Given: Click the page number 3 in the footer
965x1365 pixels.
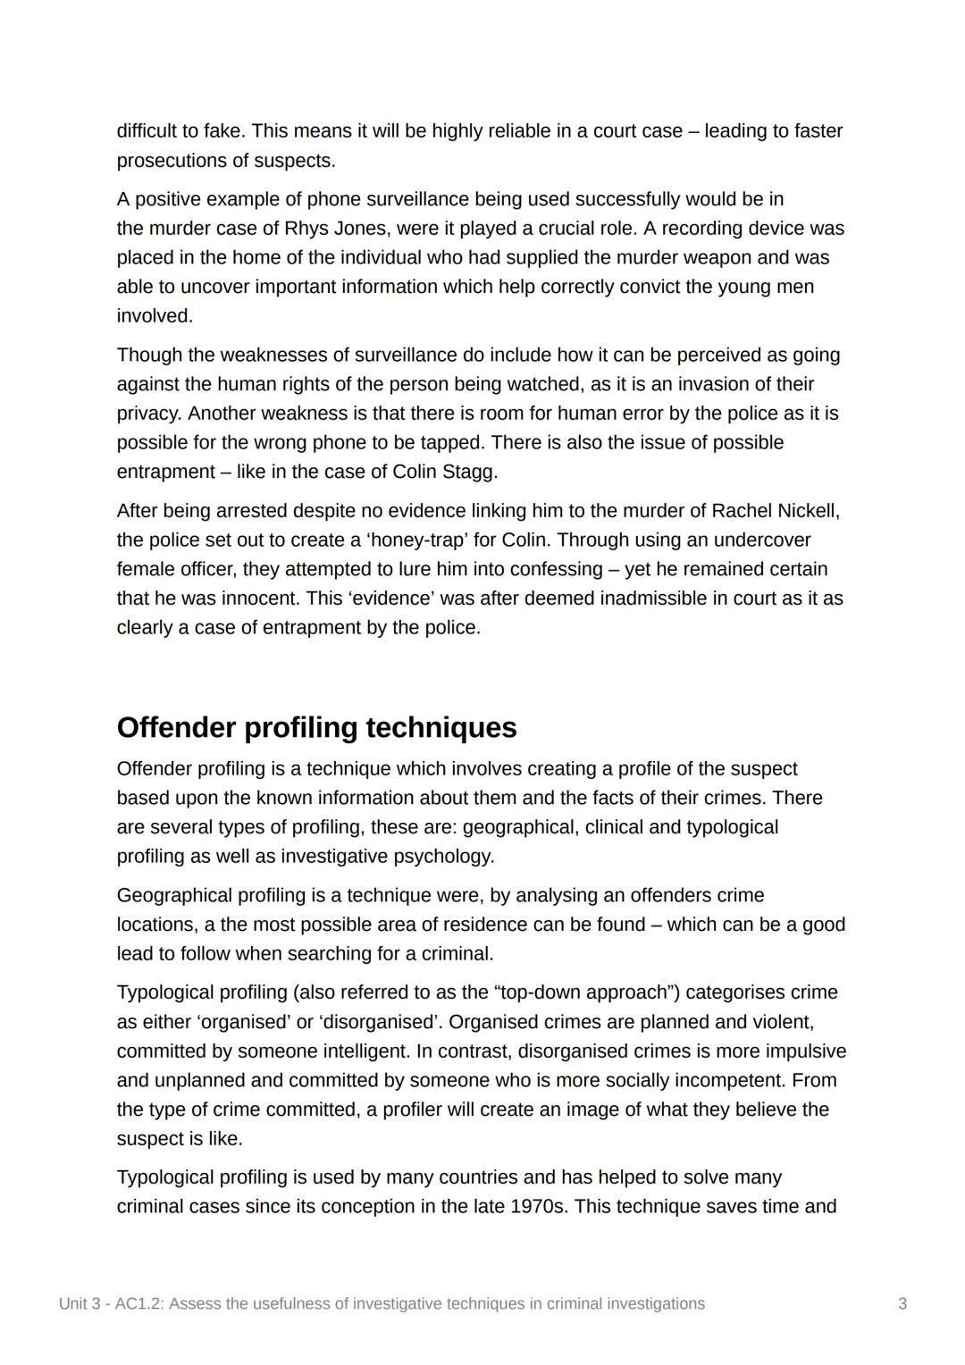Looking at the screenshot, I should pyautogui.click(x=902, y=1304).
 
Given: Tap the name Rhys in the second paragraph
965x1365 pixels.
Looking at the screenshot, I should pyautogui.click(x=306, y=229).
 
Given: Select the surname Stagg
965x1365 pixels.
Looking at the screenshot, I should pyautogui.click(x=469, y=472).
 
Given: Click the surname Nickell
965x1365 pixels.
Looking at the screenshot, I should pyautogui.click(x=808, y=511).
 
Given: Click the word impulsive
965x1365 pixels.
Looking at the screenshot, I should pyautogui.click(x=800, y=1051).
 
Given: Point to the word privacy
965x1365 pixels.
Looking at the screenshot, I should pyautogui.click(x=147, y=414).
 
